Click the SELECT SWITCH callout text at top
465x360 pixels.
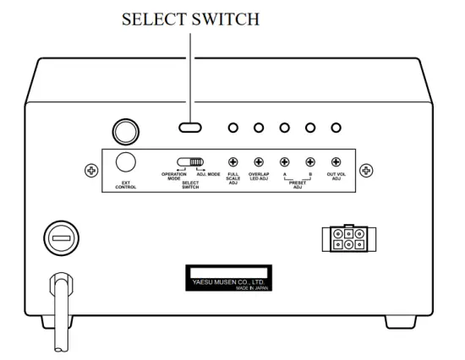point(191,19)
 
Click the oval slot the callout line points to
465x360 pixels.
point(191,128)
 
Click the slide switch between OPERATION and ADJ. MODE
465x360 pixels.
point(191,161)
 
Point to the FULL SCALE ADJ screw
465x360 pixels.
point(232,161)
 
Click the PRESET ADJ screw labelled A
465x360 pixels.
point(284,161)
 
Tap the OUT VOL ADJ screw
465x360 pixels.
point(336,161)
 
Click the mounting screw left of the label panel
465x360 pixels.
point(91,171)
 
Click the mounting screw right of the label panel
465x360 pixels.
point(366,171)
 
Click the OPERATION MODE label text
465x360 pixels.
point(173,177)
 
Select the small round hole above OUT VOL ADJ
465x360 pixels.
point(336,128)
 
